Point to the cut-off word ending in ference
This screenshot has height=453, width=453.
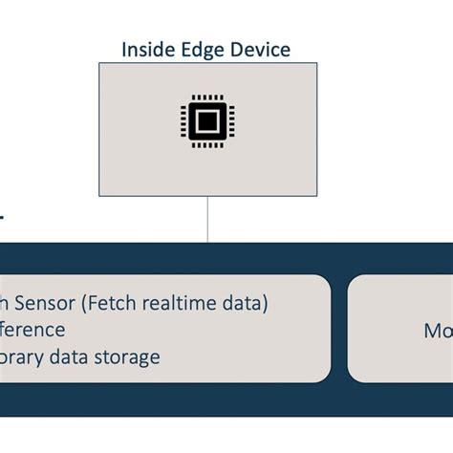point(32,331)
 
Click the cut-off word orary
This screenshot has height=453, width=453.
point(25,357)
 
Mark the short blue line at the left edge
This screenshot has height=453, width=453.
point(2,218)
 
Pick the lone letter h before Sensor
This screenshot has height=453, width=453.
point(5,304)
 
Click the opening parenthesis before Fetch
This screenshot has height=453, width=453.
point(82,304)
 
